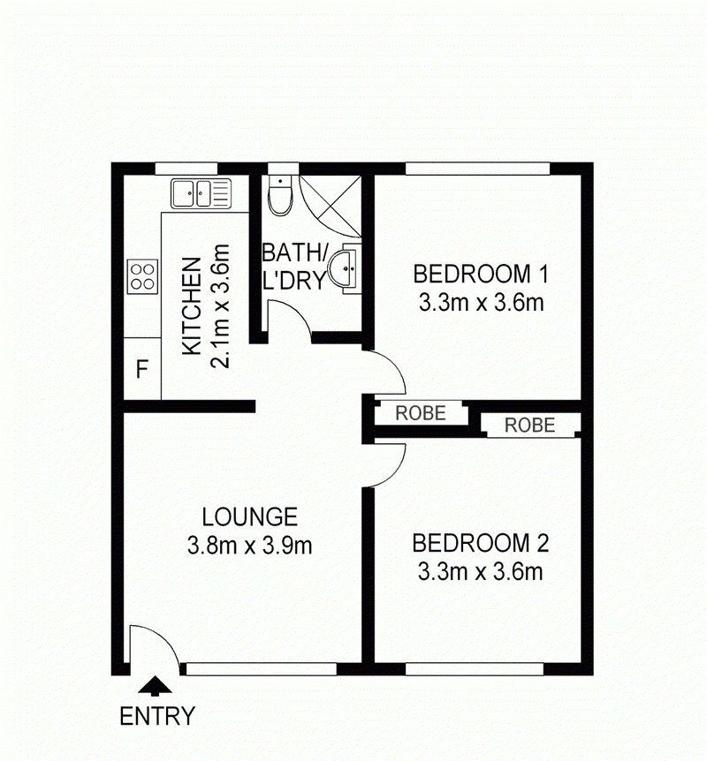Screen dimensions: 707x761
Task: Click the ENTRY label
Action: (157, 716)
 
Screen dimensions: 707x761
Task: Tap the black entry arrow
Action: (155, 684)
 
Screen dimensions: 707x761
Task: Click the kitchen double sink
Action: (201, 193)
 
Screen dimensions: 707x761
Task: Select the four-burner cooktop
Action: (143, 276)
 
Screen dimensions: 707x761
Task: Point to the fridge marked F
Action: (142, 368)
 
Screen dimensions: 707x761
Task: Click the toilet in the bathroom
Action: (280, 194)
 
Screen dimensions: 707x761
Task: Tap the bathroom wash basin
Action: (344, 267)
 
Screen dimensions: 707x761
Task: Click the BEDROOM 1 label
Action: (481, 274)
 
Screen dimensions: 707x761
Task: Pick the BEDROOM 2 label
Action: (481, 543)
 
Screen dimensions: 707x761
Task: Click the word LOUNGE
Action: (250, 516)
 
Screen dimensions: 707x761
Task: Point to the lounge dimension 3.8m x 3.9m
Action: (250, 546)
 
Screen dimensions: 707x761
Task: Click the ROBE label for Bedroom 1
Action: (421, 413)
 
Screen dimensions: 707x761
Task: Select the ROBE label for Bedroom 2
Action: (529, 426)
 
